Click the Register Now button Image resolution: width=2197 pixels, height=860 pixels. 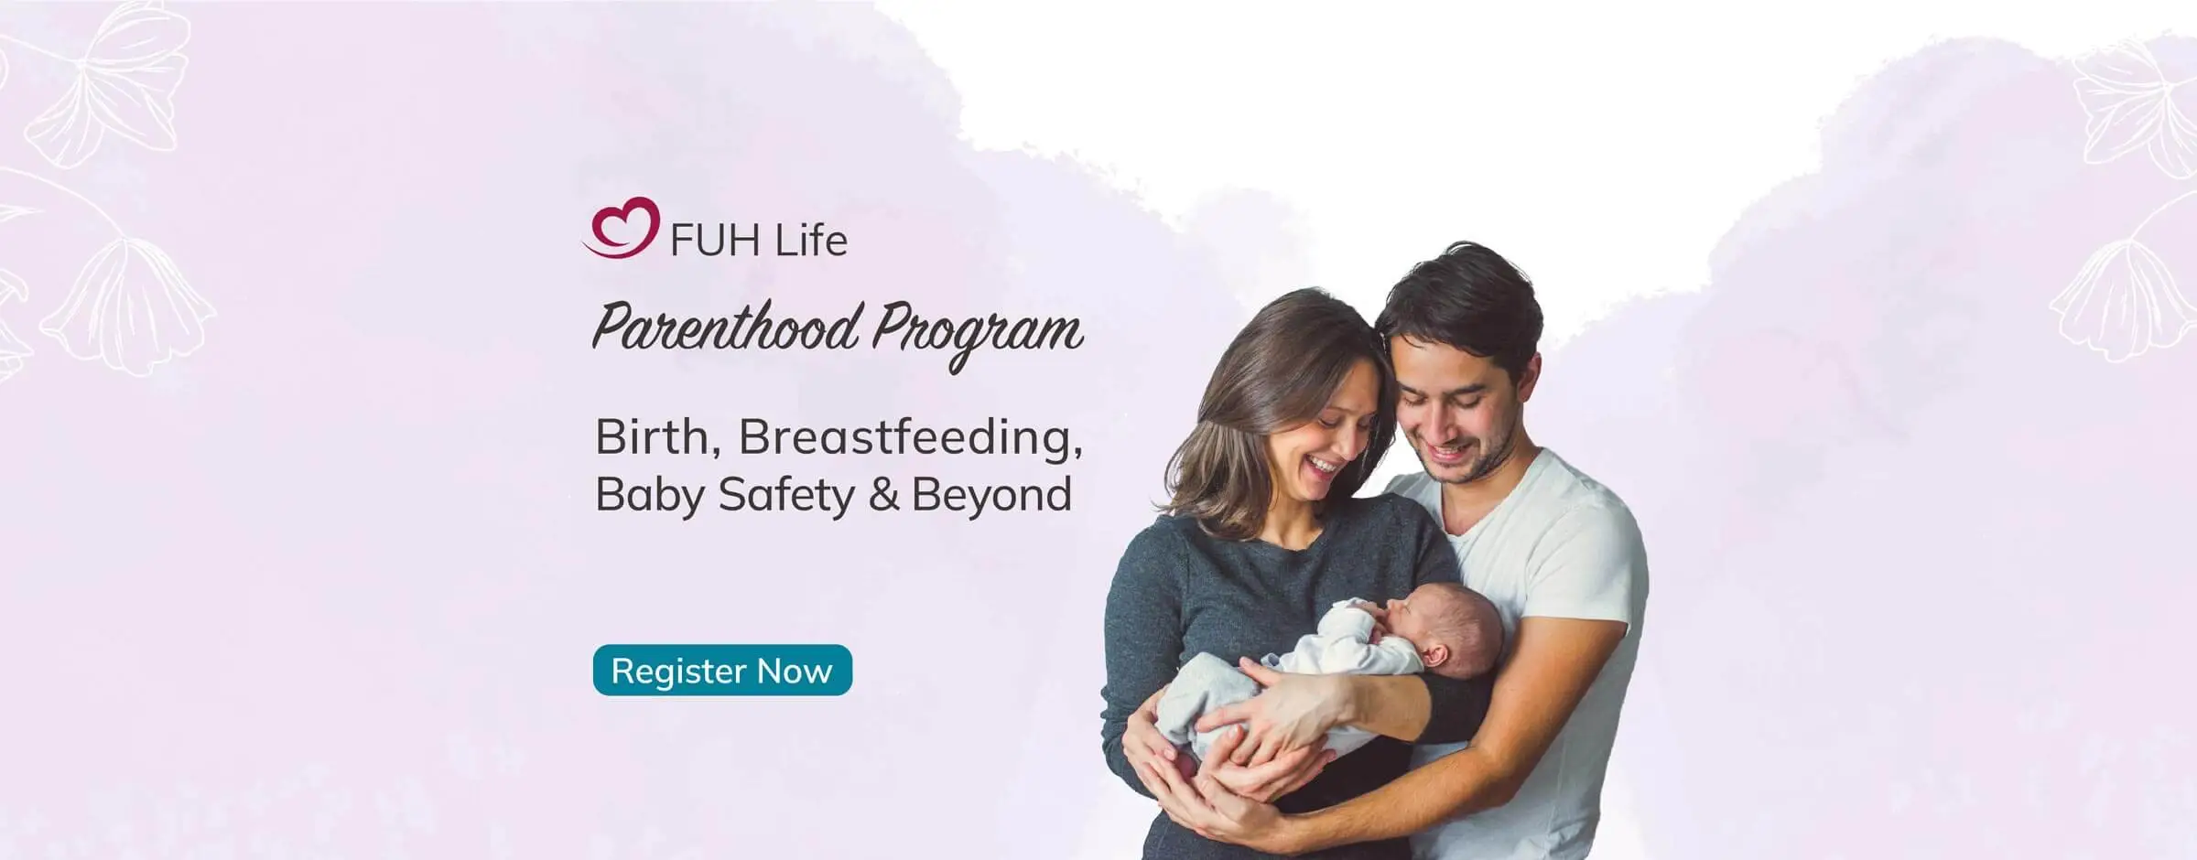pos(722,671)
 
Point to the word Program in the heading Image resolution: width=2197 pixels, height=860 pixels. pos(977,331)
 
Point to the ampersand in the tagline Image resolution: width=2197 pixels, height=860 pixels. pos(883,495)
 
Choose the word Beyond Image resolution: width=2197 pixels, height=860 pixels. pos(991,495)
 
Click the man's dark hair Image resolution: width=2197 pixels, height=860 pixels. pos(1456,293)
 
